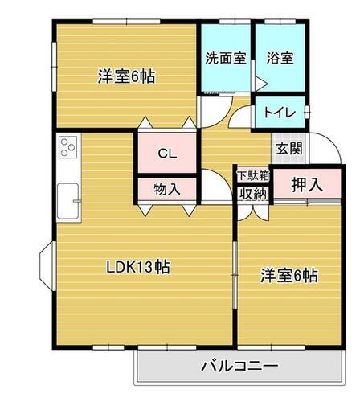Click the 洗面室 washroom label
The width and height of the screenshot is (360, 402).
(x=225, y=58)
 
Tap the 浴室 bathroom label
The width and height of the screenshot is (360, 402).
(x=280, y=58)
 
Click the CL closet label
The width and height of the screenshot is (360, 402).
(x=167, y=153)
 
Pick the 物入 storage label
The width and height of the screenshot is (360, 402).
(x=166, y=189)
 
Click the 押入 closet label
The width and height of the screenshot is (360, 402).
(x=306, y=184)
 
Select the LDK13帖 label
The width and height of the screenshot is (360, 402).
(x=138, y=266)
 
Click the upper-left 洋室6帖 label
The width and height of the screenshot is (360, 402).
(x=126, y=77)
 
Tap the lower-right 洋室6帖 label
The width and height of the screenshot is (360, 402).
(x=288, y=276)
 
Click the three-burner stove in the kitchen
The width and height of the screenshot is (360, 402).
(x=67, y=149)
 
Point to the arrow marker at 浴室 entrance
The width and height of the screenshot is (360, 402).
(x=260, y=80)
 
